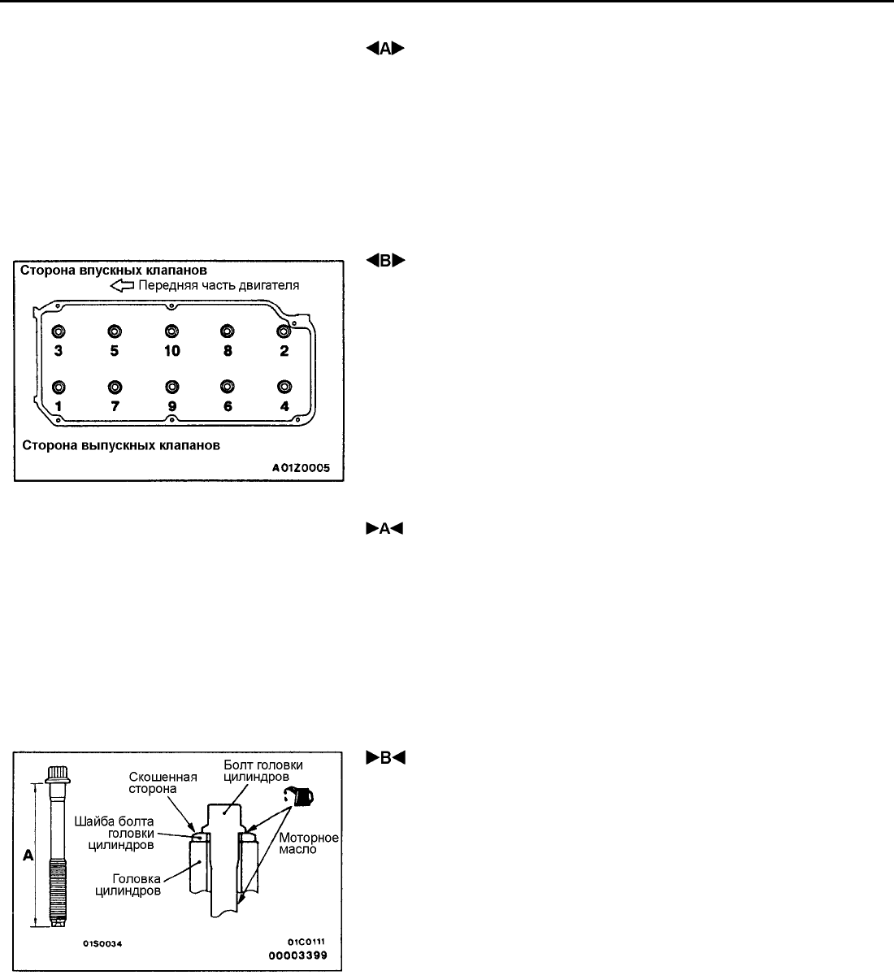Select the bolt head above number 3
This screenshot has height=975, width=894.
click(58, 331)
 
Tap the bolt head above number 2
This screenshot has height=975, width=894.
click(284, 331)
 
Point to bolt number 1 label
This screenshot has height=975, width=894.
click(58, 405)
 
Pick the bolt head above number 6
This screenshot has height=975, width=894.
click(228, 386)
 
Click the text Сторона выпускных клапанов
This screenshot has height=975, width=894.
click(121, 445)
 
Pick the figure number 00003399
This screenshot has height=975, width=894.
click(298, 955)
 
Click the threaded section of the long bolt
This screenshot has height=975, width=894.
click(59, 889)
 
